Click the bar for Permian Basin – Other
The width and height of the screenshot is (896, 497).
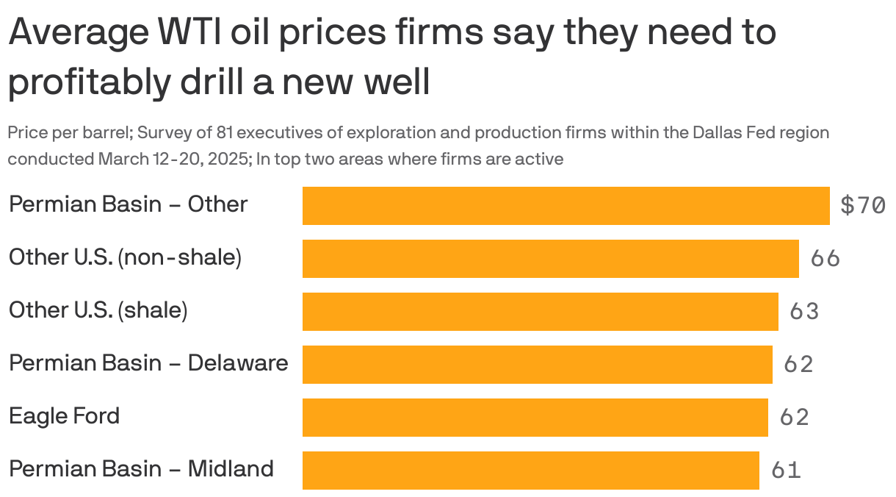[566, 206]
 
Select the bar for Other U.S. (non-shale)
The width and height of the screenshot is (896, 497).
[550, 259]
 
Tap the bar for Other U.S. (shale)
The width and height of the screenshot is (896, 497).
[540, 312]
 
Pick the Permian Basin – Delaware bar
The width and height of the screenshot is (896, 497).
[537, 365]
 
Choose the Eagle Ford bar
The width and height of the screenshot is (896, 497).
[535, 418]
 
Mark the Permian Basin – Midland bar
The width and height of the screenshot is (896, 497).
[530, 471]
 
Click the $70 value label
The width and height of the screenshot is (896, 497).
[862, 206]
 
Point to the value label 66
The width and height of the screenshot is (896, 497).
[825, 259]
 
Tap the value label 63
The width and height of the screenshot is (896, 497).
[804, 312]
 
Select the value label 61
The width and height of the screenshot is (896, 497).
[786, 471]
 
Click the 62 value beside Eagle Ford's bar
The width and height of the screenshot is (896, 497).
[794, 418]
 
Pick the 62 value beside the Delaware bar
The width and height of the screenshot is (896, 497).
[798, 365]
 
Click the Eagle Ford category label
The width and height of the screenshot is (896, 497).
[64, 416]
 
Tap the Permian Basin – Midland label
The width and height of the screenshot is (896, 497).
[141, 469]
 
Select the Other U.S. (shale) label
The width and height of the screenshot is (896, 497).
[98, 310]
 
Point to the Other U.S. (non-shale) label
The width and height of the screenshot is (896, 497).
[125, 257]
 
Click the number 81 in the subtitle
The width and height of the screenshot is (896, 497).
[225, 133]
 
